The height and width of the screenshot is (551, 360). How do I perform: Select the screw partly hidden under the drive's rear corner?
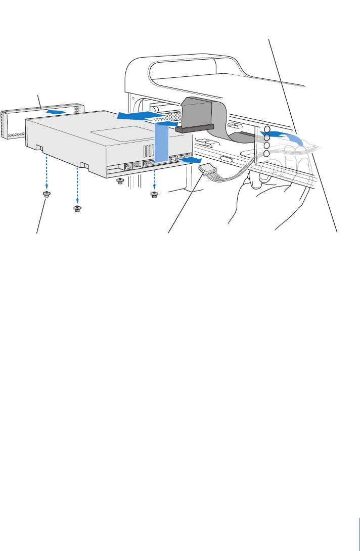pos(120,180)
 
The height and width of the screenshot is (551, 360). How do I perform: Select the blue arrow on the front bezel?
pos(56,110)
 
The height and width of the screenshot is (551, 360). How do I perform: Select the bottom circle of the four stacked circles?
pos(266,153)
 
